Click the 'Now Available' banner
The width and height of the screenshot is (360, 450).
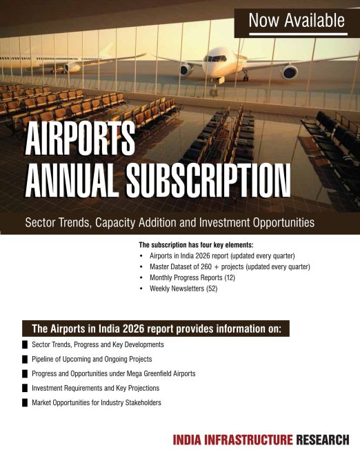tap(297, 21)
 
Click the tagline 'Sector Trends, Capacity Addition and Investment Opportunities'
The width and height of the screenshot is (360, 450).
tap(170, 223)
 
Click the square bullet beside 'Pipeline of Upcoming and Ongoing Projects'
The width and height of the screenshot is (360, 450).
tap(25, 360)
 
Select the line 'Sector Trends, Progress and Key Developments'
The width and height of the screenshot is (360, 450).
tap(98, 344)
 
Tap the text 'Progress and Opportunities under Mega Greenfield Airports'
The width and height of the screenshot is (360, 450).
tap(114, 373)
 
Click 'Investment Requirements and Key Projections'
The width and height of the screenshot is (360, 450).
tap(96, 388)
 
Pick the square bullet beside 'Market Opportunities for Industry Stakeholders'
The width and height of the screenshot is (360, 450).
tap(25, 402)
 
